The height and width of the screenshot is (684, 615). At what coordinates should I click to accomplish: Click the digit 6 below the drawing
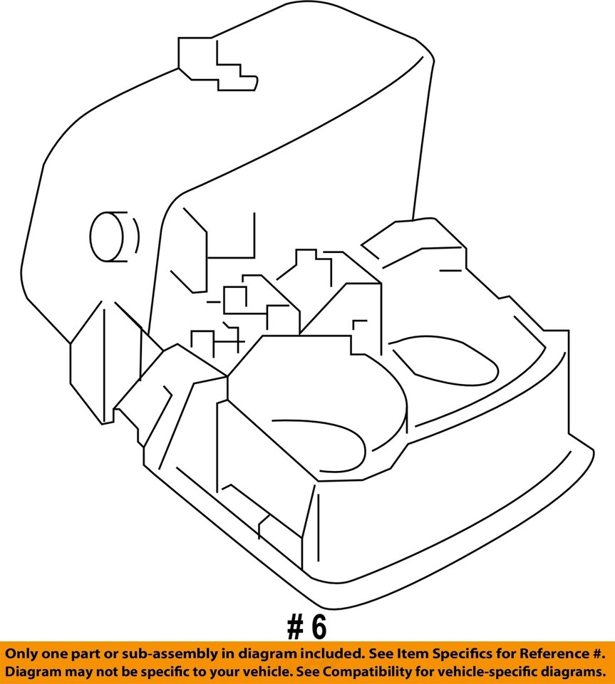pyautogui.click(x=318, y=627)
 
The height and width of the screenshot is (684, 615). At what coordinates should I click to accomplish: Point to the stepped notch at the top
pyautogui.click(x=217, y=64)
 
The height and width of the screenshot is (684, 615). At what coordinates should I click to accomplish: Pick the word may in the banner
pyautogui.click(x=73, y=672)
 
